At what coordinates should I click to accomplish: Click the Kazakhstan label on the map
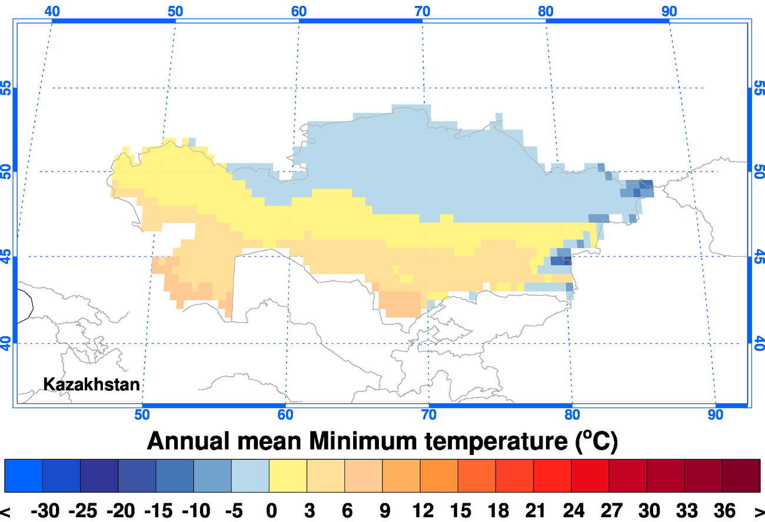click(92, 384)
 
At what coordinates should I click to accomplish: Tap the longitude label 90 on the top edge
click(669, 11)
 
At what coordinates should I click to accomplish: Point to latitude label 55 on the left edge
click(6, 89)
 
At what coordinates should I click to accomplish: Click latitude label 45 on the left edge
click(6, 257)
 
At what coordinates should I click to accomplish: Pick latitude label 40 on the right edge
click(759, 343)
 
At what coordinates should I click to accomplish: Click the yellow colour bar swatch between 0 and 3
click(288, 476)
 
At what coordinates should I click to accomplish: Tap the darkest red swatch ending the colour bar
click(741, 476)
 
